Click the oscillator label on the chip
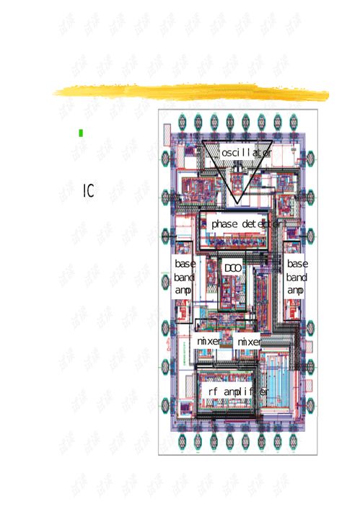(246, 153)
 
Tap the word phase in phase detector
(224, 224)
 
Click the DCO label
(232, 268)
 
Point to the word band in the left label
(184, 277)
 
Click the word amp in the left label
(183, 290)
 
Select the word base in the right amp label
(297, 264)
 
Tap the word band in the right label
(297, 277)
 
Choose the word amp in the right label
(296, 290)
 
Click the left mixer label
(209, 340)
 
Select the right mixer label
(250, 340)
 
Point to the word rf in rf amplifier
(213, 391)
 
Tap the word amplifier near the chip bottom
(246, 391)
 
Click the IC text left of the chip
(88, 191)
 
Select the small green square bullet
(81, 133)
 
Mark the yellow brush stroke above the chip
(191, 92)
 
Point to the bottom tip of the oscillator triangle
(234, 203)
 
